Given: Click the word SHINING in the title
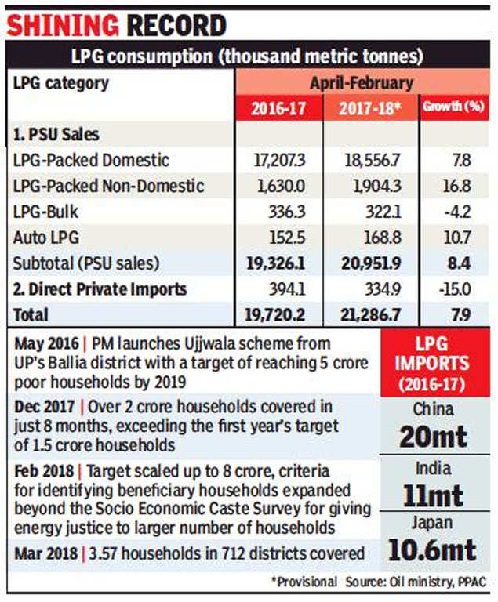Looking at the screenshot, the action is pyautogui.click(x=63, y=26).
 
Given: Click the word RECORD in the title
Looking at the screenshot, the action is pyautogui.click(x=176, y=26).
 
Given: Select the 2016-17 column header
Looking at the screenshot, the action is pyautogui.click(x=278, y=109).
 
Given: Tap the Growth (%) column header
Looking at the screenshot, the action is pyautogui.click(x=453, y=107).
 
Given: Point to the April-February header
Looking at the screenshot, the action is pyautogui.click(x=362, y=83).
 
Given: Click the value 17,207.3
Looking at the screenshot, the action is pyautogui.click(x=279, y=160).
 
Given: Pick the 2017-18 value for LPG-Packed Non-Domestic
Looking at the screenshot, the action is pyautogui.click(x=377, y=186).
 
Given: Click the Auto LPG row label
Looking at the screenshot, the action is pyautogui.click(x=46, y=238).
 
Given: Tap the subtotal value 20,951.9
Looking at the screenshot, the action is pyautogui.click(x=371, y=263).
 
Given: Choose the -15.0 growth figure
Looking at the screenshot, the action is pyautogui.click(x=455, y=289).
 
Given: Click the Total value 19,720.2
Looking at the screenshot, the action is pyautogui.click(x=275, y=315).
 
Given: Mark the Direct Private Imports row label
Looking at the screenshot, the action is pyautogui.click(x=100, y=289).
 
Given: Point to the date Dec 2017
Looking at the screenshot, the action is pyautogui.click(x=45, y=407).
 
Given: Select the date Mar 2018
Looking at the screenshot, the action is pyautogui.click(x=45, y=553).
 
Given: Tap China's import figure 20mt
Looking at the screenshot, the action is pyautogui.click(x=434, y=437).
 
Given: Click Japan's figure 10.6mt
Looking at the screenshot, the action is pyautogui.click(x=432, y=549).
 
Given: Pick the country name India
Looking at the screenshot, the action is pyautogui.click(x=434, y=469).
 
